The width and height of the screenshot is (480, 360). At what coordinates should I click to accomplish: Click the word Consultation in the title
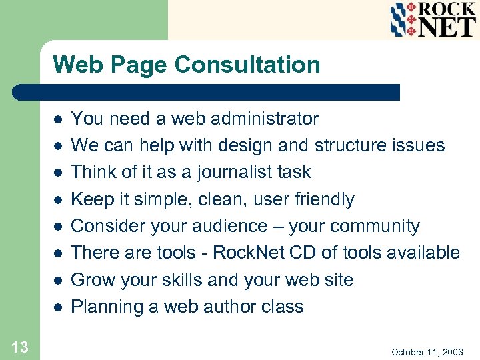point(247,65)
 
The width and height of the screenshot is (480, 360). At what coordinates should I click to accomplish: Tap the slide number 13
point(19,346)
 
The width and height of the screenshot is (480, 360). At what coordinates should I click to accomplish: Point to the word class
point(283,307)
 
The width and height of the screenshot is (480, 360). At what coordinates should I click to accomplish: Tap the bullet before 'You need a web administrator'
point(58,119)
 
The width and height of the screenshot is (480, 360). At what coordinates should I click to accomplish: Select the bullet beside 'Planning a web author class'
point(58,307)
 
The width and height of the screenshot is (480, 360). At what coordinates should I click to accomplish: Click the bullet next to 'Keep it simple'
point(58,200)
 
